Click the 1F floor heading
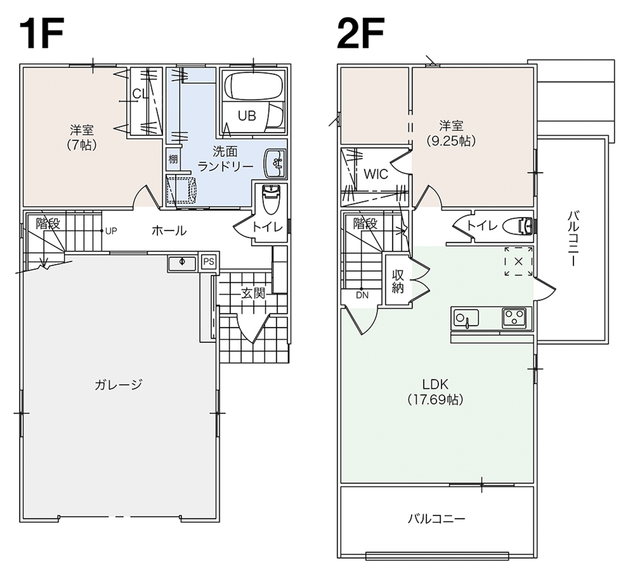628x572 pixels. point(41,33)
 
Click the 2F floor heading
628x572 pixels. point(360,33)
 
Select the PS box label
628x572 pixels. point(209,261)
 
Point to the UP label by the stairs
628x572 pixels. point(111,231)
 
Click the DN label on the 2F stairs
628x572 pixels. point(362,295)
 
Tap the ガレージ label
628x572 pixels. point(119,384)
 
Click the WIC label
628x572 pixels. point(376,174)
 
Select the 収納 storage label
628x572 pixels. point(398,282)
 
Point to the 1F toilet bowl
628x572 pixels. point(271,199)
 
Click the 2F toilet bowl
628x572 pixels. point(516,225)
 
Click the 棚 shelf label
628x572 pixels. point(173,159)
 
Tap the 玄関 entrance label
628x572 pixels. point(253,293)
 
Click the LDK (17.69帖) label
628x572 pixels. point(435,392)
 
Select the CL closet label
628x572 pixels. point(140,93)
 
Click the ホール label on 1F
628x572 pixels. point(169,231)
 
